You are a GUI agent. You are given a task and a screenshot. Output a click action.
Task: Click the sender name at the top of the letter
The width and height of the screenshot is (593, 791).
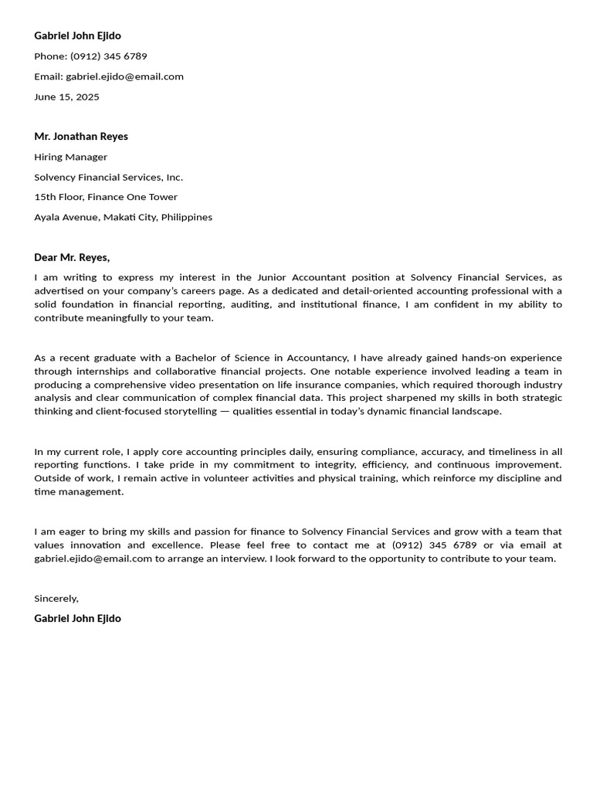click(77, 36)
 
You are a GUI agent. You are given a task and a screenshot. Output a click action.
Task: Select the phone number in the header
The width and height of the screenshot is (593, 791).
click(108, 56)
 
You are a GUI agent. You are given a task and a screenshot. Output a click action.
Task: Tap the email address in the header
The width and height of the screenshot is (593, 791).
click(124, 76)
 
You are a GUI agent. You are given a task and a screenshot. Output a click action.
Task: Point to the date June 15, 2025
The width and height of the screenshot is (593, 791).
click(66, 97)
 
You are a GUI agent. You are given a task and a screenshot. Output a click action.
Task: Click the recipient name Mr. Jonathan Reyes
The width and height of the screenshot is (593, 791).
click(81, 137)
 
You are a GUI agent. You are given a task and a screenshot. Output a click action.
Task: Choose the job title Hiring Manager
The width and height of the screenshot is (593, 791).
click(70, 157)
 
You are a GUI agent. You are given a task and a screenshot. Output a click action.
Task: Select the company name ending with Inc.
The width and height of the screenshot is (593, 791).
click(108, 177)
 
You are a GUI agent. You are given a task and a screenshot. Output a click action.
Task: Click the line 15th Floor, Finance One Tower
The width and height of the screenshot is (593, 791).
click(106, 197)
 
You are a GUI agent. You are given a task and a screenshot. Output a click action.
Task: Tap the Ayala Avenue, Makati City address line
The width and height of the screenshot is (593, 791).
click(123, 217)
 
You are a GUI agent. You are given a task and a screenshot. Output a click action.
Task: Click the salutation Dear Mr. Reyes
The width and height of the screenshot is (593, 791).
click(72, 257)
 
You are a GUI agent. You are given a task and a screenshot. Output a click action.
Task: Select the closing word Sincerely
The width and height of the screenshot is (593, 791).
click(56, 599)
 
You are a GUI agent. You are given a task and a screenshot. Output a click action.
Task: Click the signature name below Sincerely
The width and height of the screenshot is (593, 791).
click(77, 619)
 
